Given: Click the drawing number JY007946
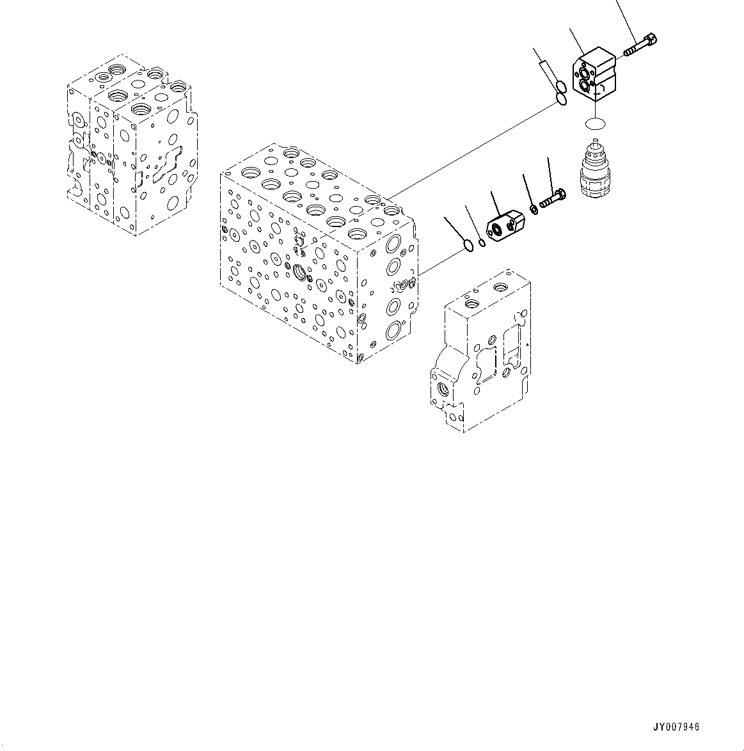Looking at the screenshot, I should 676,727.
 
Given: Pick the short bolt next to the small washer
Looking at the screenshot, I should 552,198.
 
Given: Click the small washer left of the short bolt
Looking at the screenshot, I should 533,209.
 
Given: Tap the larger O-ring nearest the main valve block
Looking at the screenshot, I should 469,245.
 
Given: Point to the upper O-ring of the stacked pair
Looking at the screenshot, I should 560,88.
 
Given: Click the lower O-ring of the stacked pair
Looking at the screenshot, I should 561,99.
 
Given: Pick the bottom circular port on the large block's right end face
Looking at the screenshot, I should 393,331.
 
